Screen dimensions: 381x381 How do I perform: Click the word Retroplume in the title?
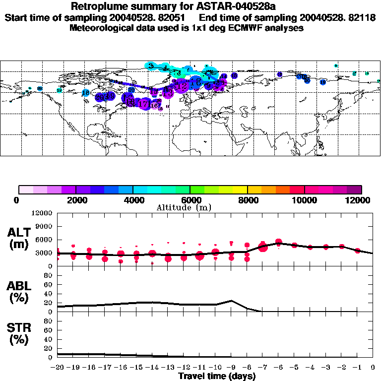97,6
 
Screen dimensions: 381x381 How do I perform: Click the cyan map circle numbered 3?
151,66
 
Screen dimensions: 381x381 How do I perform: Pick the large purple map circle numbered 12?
183,86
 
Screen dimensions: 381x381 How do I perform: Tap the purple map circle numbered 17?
144,104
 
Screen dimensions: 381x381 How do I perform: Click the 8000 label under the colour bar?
247,200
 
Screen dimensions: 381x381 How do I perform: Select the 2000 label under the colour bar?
75,200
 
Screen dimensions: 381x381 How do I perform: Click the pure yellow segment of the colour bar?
240,190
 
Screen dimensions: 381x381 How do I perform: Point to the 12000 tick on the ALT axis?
43,213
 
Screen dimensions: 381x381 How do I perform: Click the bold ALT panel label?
19,233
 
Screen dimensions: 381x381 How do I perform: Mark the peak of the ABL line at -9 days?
231,300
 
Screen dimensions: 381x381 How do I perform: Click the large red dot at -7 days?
263,247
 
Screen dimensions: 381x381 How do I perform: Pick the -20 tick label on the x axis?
58,367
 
